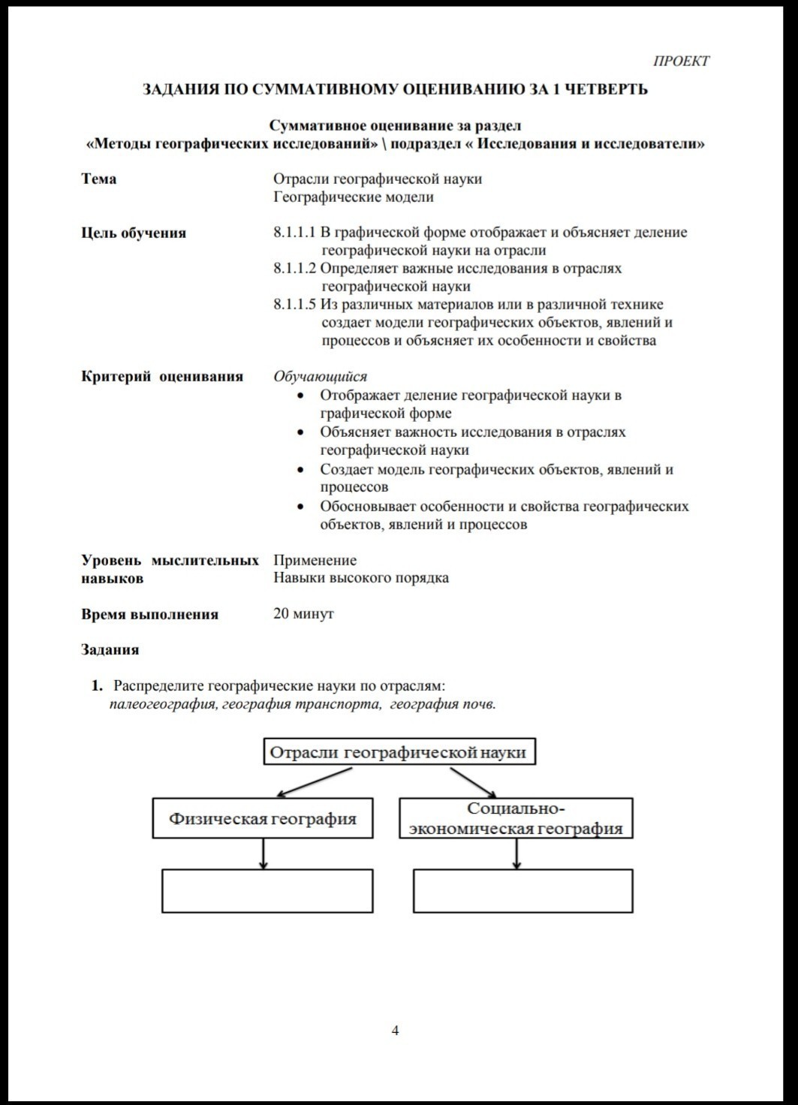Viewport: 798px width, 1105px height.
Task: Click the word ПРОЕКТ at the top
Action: (681, 62)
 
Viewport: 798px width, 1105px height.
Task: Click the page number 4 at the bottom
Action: (396, 1030)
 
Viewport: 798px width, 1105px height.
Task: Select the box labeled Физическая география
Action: (263, 818)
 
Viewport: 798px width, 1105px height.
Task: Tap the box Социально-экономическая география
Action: (515, 818)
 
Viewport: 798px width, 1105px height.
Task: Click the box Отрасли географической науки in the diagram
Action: (399, 752)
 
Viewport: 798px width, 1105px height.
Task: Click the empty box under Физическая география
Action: (267, 891)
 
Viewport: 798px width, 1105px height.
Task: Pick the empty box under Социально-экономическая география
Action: (522, 891)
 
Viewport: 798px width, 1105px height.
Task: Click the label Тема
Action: (98, 179)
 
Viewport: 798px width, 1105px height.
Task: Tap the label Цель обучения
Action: (133, 233)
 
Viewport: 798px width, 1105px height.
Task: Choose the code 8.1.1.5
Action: (294, 305)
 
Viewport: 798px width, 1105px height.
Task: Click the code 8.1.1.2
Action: (294, 269)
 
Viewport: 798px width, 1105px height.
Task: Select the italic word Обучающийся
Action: (320, 377)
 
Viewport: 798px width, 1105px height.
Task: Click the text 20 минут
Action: (303, 614)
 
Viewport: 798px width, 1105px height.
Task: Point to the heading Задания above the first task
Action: (110, 650)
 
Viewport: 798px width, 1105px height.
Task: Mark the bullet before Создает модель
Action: (301, 471)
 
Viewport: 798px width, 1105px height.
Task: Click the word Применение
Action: (315, 560)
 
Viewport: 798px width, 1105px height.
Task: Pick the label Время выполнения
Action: (149, 614)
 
